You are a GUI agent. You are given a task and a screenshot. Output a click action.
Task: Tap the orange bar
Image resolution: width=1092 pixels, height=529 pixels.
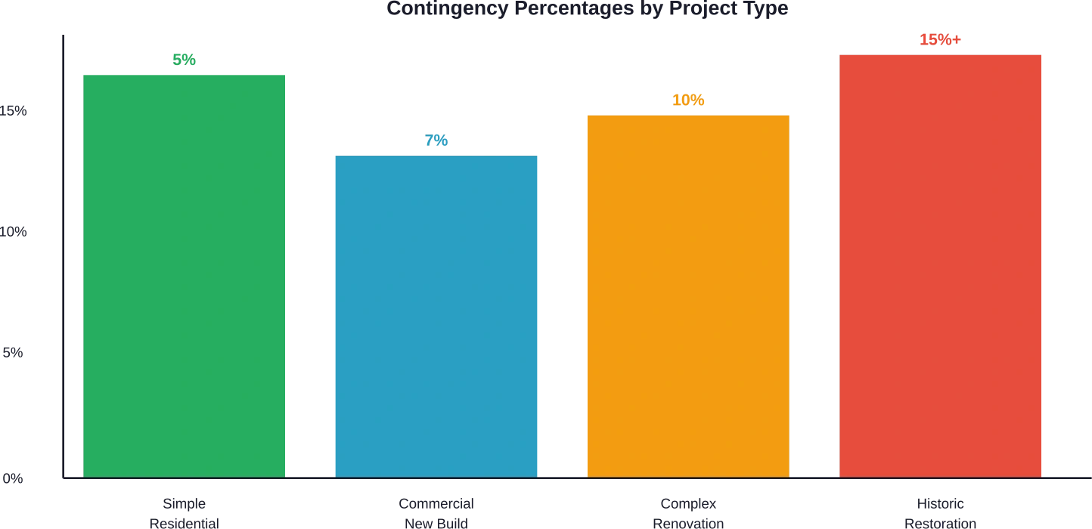pos(689,295)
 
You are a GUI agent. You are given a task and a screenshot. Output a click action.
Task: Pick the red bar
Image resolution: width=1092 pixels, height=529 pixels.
pos(940,265)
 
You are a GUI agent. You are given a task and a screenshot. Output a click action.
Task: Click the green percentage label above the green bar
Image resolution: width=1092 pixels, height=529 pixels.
pos(184,59)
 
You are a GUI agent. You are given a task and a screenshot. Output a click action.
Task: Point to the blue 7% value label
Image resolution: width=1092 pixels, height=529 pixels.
pos(436,141)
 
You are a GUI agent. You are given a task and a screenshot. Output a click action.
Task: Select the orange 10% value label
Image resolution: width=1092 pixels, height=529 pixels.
pos(689,100)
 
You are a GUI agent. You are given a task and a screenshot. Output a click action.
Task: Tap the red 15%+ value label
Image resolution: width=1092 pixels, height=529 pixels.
pos(940,40)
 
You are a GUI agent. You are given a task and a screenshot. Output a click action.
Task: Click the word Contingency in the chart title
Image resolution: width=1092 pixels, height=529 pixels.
pos(449,9)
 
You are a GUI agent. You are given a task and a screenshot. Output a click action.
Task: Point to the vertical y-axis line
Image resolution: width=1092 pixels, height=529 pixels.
pos(64,257)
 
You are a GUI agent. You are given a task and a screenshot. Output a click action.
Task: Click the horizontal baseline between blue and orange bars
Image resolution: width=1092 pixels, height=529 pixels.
pos(563,478)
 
